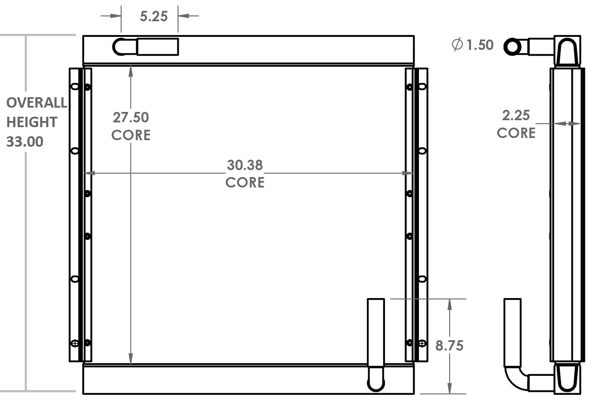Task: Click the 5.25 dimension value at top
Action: click(x=154, y=16)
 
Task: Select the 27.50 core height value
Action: click(x=131, y=118)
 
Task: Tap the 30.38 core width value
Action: click(x=245, y=165)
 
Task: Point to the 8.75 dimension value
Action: click(x=449, y=346)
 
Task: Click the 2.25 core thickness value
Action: click(x=516, y=115)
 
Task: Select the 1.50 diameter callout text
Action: click(x=480, y=45)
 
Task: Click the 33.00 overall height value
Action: click(x=25, y=142)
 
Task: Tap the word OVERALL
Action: click(x=36, y=103)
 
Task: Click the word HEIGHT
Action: click(x=32, y=122)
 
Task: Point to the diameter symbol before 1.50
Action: click(x=457, y=44)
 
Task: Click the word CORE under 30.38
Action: click(x=245, y=182)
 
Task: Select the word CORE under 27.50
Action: click(x=131, y=135)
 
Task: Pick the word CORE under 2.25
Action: click(x=516, y=133)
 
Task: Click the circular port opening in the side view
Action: click(x=513, y=46)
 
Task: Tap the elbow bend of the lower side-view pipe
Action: click(x=514, y=378)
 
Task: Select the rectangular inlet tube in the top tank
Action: click(x=157, y=47)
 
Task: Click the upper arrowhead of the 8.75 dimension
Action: click(x=450, y=304)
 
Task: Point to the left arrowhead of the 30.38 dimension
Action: click(x=89, y=173)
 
